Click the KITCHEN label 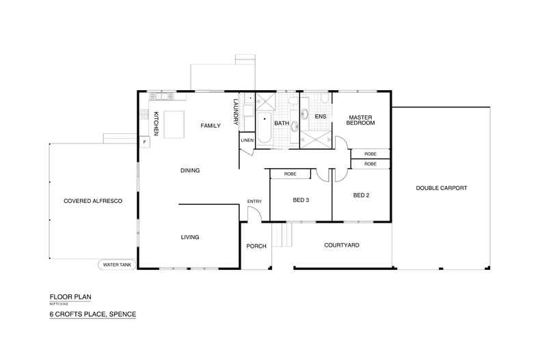coord(156,123)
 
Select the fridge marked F coord(144,142)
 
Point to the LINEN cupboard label coord(247,140)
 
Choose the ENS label coord(320,116)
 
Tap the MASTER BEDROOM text coord(361,120)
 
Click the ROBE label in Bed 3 coord(289,174)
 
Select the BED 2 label coord(361,195)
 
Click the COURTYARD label coord(342,245)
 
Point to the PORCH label coord(255,246)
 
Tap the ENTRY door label coord(254,201)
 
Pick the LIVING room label coord(189,237)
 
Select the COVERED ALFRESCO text coord(92,201)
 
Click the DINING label coord(189,170)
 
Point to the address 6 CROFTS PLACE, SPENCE coord(92,314)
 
